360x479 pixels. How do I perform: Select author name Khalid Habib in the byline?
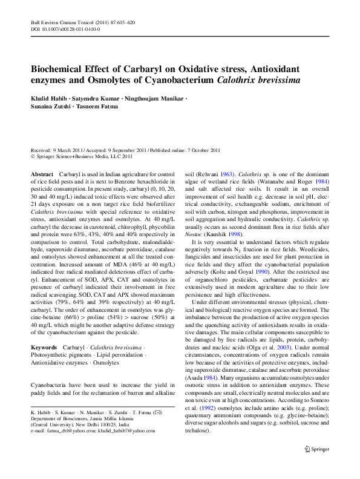tap(50, 98)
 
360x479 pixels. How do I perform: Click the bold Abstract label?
tap(41, 174)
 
